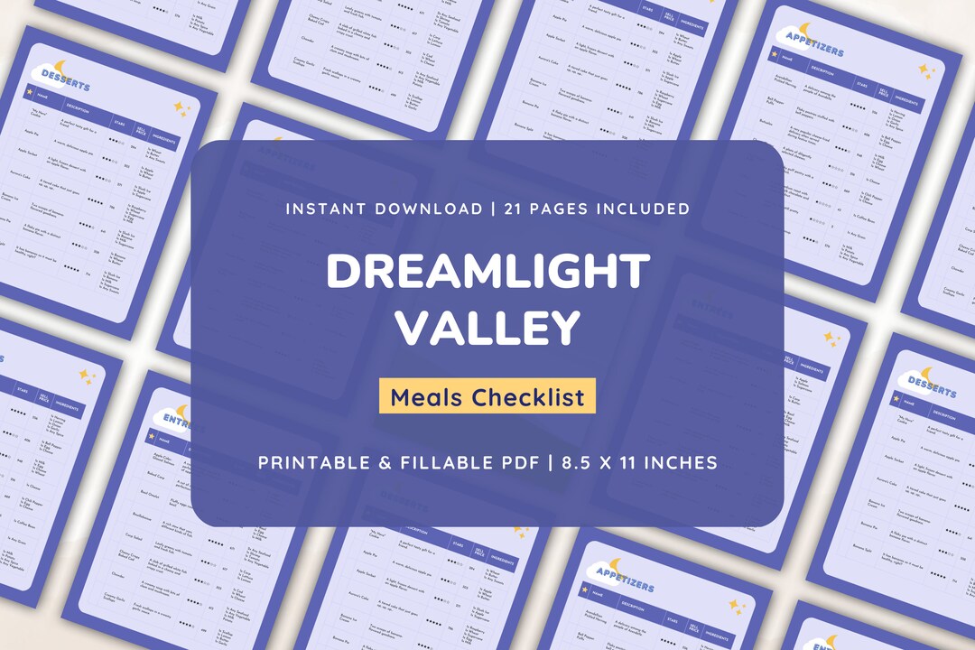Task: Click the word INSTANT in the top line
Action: click(327, 209)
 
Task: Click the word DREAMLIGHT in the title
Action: click(487, 270)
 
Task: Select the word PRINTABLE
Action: click(312, 462)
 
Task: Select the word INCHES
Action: click(688, 462)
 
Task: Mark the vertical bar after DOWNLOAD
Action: click(493, 209)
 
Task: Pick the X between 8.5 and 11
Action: click(618, 462)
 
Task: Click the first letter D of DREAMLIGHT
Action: click(345, 270)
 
